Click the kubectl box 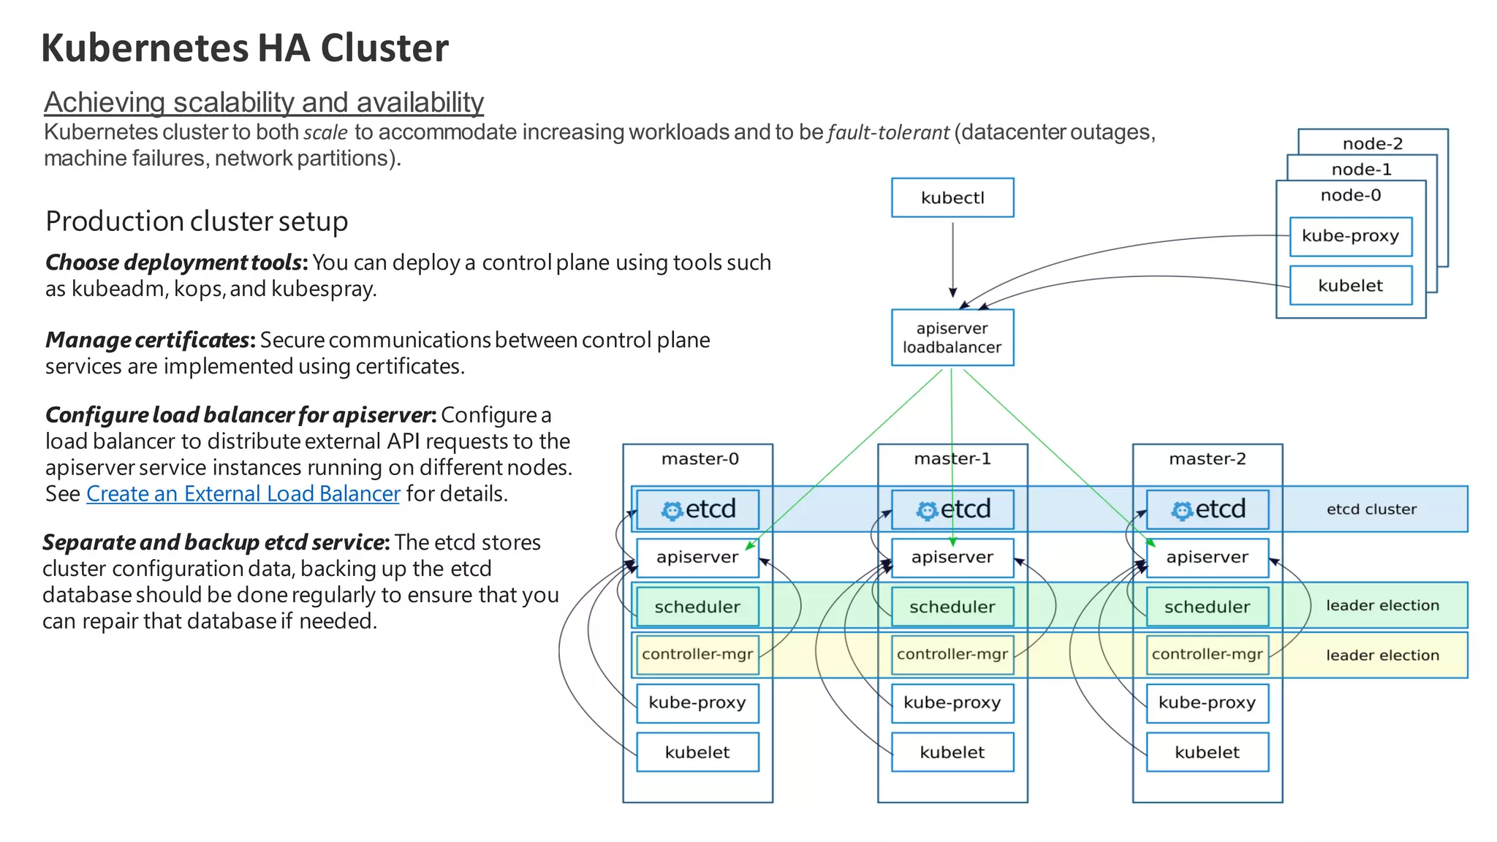point(952,197)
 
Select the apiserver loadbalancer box point(952,338)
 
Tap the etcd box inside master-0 point(697,509)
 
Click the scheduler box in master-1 point(952,607)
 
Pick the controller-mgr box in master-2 point(1207,654)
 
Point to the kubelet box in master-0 point(697,752)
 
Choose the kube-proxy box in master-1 point(952,702)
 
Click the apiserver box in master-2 point(1207,558)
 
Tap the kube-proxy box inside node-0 point(1350,236)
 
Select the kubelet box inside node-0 point(1350,286)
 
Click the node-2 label point(1372,143)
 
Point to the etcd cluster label point(1371,509)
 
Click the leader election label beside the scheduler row point(1382,606)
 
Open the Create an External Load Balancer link point(243,494)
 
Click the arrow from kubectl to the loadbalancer point(952,259)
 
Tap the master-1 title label point(952,459)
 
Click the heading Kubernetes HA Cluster point(245,48)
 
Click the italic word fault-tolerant point(888,133)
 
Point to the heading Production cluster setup point(197,221)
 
